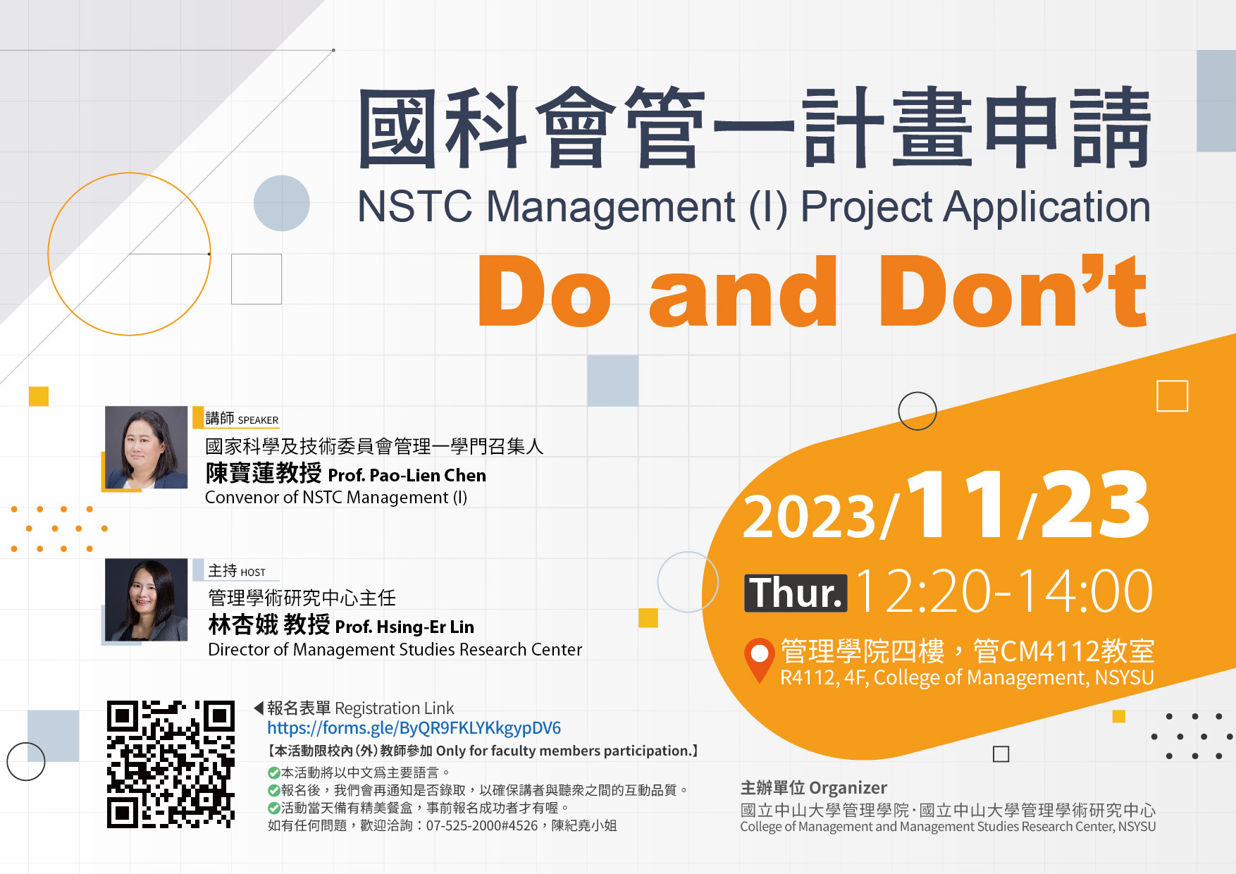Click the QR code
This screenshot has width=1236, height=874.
(x=171, y=764)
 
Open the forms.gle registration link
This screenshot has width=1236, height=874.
(x=414, y=728)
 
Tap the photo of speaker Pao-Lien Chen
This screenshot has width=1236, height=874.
(x=146, y=448)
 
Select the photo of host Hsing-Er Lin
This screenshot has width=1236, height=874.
(x=146, y=600)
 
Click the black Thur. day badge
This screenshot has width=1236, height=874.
(x=796, y=593)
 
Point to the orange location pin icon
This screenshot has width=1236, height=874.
(x=759, y=660)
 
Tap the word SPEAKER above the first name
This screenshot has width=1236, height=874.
(x=258, y=420)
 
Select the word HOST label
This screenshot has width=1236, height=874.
(x=253, y=572)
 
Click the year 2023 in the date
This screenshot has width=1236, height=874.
(x=810, y=517)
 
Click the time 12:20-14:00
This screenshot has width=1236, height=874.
(x=1004, y=591)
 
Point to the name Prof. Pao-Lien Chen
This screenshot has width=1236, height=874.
(x=407, y=475)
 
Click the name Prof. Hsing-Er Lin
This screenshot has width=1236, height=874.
(x=404, y=627)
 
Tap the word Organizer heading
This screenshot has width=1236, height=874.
(x=848, y=788)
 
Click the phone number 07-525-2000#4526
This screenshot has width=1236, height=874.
(x=482, y=825)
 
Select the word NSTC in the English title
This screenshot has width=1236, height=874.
(x=415, y=207)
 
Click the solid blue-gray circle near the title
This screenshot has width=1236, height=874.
(x=282, y=203)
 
